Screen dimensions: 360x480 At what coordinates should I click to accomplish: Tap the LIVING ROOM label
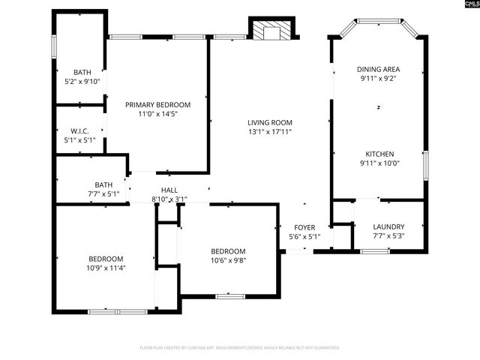point(270,122)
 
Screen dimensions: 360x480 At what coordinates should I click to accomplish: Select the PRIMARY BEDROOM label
point(157,104)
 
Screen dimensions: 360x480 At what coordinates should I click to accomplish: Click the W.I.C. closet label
point(79,130)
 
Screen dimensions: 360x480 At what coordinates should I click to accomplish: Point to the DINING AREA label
point(378,68)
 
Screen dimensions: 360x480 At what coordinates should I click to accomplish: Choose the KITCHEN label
point(378,153)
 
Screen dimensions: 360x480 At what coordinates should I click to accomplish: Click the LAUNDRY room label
point(388,226)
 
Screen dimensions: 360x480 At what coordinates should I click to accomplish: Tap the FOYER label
point(304,227)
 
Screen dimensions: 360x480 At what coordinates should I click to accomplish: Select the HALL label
point(169,190)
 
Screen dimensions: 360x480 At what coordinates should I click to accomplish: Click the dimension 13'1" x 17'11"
point(270,132)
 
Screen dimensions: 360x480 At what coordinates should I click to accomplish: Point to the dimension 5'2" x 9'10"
point(82,82)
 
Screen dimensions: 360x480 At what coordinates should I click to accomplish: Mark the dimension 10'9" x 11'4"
point(106,267)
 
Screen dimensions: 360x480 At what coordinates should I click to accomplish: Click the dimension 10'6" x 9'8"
point(227,261)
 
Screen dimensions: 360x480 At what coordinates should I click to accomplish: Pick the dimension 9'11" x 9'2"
point(378,78)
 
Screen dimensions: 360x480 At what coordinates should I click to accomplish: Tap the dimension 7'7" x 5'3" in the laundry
point(388,236)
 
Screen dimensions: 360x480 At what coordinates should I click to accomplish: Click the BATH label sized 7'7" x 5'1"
point(103,184)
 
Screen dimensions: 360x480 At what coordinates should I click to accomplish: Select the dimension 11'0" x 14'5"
point(157,114)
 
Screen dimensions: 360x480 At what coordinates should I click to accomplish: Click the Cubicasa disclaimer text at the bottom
point(240,348)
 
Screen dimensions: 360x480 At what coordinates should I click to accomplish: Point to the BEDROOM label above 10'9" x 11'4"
point(106,257)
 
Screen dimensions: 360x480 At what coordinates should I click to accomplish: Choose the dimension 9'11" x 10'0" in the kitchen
point(378,163)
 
